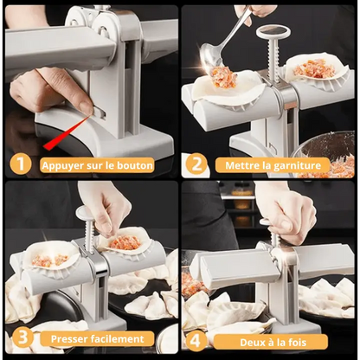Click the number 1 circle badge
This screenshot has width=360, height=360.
click(x=21, y=164)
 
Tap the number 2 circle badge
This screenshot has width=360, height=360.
click(x=196, y=164)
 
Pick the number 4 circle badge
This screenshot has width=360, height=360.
click(x=196, y=341)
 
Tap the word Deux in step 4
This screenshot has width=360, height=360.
click(x=251, y=343)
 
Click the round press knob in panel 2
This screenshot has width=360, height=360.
click(x=273, y=31)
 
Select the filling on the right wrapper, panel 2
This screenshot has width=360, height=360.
click(x=314, y=68)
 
